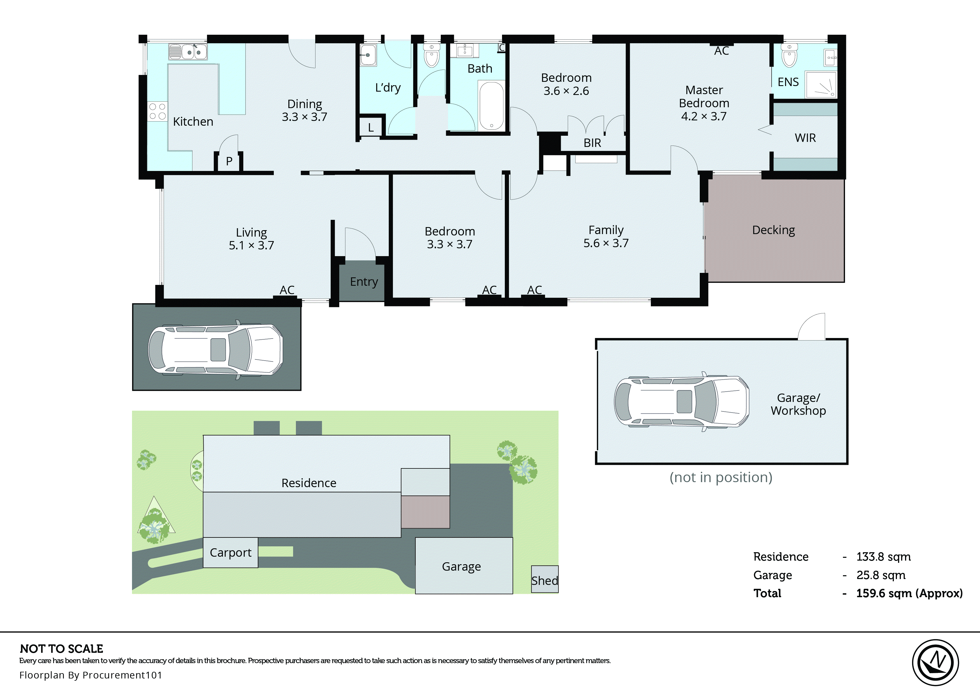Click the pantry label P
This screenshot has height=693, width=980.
pos(229,161)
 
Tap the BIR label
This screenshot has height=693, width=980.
pos(592,143)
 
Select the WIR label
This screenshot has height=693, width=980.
pos(805,138)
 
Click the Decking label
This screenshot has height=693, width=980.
pos(773,230)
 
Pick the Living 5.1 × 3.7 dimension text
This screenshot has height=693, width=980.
pos(251,245)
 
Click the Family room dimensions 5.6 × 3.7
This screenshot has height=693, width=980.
pos(606,243)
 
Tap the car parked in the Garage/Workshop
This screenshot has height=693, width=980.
pos(681,402)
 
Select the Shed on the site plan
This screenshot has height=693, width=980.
pos(545,580)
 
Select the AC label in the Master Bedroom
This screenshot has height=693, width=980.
pos(721,51)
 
